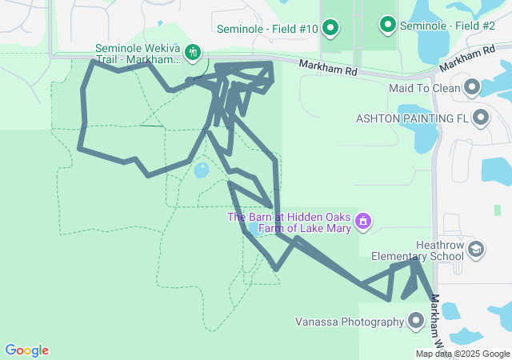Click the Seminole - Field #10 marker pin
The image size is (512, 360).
point(330,29)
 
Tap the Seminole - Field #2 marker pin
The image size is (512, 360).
point(388,26)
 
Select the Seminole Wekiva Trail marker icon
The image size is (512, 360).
point(193,53)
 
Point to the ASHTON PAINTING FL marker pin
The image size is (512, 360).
point(480,118)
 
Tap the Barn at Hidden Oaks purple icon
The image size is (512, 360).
point(363,220)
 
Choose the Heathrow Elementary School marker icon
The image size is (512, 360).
point(477,250)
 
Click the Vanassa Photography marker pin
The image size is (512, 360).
point(416,322)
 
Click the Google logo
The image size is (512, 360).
point(26,350)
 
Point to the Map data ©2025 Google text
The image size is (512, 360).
point(462,354)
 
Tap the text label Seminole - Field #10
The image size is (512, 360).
point(268,30)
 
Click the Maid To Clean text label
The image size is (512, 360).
point(423,87)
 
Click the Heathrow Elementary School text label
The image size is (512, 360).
point(417,250)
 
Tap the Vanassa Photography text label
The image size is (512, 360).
point(350,322)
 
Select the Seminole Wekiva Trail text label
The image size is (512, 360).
point(136,54)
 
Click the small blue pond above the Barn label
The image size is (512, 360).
point(202,170)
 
